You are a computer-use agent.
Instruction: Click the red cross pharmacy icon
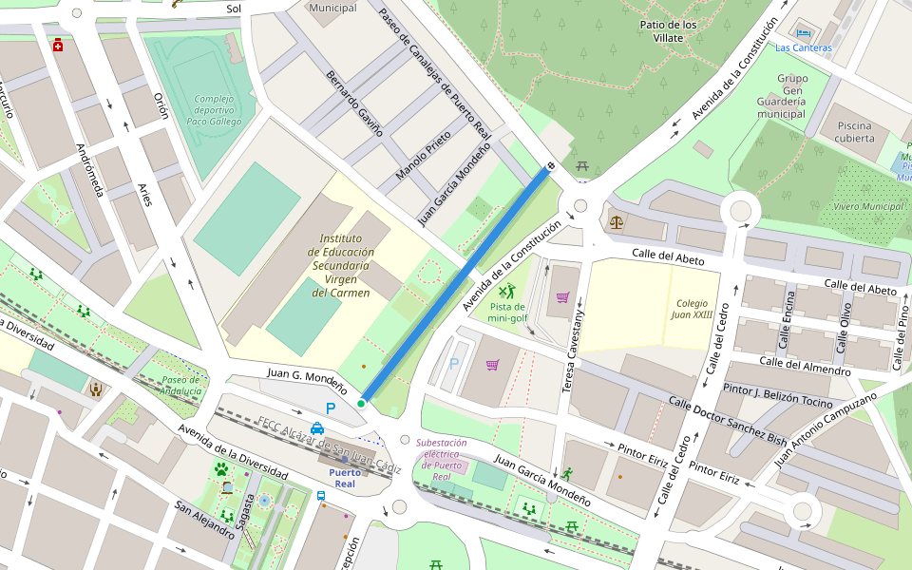[58, 45]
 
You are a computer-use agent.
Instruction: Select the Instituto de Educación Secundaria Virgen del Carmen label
[341, 266]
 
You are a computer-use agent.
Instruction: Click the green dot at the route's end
[361, 404]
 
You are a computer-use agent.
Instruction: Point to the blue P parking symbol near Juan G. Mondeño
[331, 408]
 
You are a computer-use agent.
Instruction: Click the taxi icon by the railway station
[317, 427]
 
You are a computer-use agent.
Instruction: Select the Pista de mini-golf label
[507, 312]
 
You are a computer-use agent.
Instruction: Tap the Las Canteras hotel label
[803, 47]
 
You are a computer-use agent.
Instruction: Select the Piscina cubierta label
[855, 131]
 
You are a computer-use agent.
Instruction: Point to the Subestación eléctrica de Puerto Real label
[442, 460]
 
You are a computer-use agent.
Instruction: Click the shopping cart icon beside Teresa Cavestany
[562, 297]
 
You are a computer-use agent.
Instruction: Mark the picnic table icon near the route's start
[582, 166]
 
